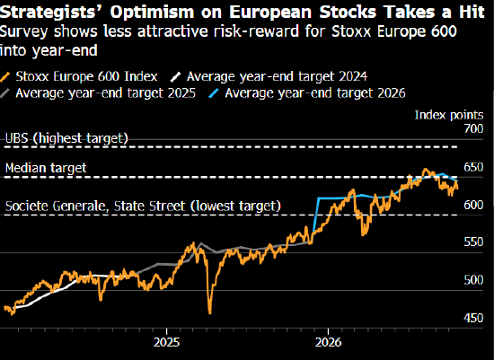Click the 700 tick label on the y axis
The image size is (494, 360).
tap(473, 128)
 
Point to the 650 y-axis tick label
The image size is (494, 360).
tap(473, 167)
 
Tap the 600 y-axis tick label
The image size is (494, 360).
tap(473, 205)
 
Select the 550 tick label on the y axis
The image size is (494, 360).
tap(473, 241)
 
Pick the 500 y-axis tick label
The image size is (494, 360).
tap(473, 280)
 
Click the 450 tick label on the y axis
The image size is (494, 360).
tap(473, 318)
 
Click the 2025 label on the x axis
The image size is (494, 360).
tap(167, 342)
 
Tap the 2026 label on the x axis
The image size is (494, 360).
tap(328, 342)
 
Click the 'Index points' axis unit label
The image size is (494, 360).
tap(449, 115)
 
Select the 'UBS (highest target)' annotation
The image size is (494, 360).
tap(66, 138)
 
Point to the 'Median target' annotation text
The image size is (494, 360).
tap(46, 168)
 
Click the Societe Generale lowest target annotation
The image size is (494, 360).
tap(143, 206)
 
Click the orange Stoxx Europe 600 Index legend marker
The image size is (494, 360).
tap(5, 77)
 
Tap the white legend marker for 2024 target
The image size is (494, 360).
tap(175, 77)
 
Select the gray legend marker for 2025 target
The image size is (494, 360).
tap(5, 93)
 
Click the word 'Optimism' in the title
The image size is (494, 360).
tap(152, 12)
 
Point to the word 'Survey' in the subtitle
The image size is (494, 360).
tap(24, 31)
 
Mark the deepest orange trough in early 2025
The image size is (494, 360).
tap(210, 313)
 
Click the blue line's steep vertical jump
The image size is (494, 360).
tap(315, 216)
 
